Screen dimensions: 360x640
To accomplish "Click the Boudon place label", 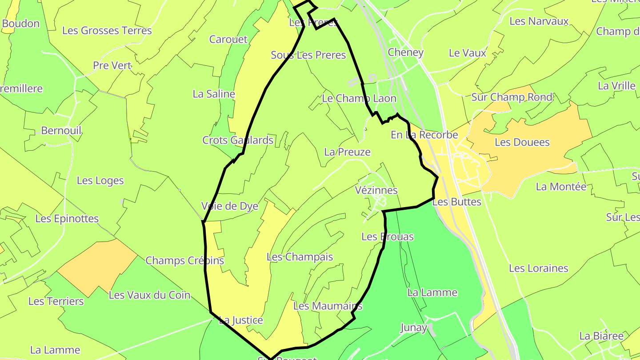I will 21,24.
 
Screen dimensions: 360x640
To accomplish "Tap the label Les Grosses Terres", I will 107,31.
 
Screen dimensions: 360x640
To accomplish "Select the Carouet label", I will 228,39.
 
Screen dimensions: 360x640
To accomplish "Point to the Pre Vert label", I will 112,66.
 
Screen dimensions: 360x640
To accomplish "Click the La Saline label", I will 214,94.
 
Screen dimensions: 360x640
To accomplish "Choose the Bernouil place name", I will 61,131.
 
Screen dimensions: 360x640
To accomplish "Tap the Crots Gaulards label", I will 238,140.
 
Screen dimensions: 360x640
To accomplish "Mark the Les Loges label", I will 100,180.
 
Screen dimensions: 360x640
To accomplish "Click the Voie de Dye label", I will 230,206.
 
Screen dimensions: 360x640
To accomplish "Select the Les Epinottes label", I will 67,219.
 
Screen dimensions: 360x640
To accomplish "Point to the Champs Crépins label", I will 185,260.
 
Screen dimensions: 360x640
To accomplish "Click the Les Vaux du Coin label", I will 149,295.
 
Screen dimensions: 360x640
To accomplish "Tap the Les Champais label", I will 300,257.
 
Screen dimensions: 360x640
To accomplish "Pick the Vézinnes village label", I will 376,190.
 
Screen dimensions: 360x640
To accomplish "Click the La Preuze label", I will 348,152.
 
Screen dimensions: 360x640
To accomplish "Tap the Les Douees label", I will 522,142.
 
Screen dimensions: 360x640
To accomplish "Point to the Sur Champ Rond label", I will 512,97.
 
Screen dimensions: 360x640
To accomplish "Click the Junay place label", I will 414,328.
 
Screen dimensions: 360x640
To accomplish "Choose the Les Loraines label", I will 539,268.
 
